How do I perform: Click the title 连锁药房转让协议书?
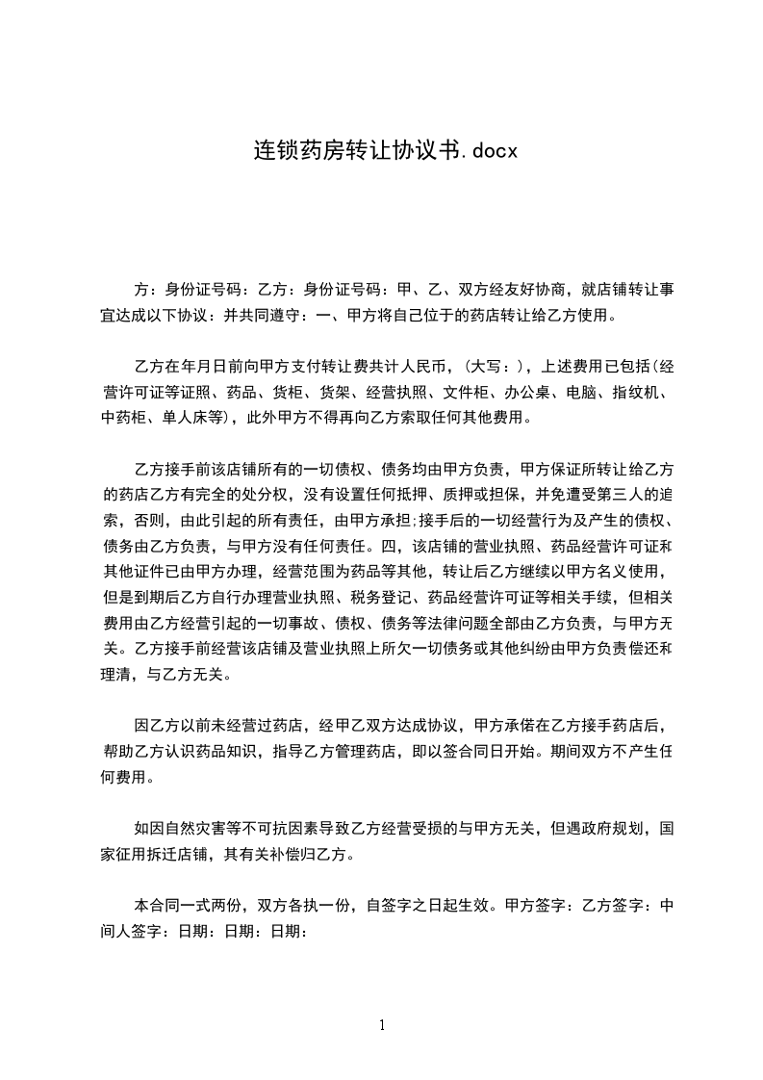tap(346, 151)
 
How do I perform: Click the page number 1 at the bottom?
tap(382, 1025)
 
